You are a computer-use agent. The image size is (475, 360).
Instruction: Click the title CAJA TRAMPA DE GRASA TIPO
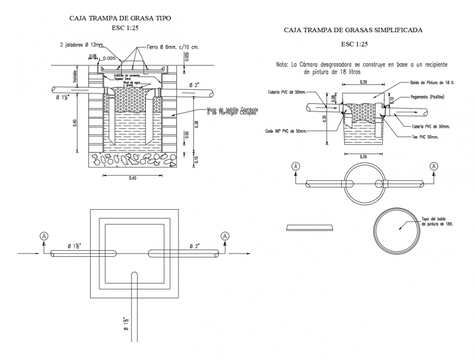point(121,18)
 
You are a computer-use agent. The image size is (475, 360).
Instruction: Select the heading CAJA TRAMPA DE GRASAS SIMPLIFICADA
point(354,30)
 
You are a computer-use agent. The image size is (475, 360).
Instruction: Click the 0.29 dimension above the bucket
point(363,82)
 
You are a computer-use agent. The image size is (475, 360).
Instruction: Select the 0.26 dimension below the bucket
point(363,156)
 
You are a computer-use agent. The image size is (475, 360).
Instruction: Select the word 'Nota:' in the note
point(282,64)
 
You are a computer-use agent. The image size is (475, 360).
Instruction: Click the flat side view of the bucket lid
point(310,227)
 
